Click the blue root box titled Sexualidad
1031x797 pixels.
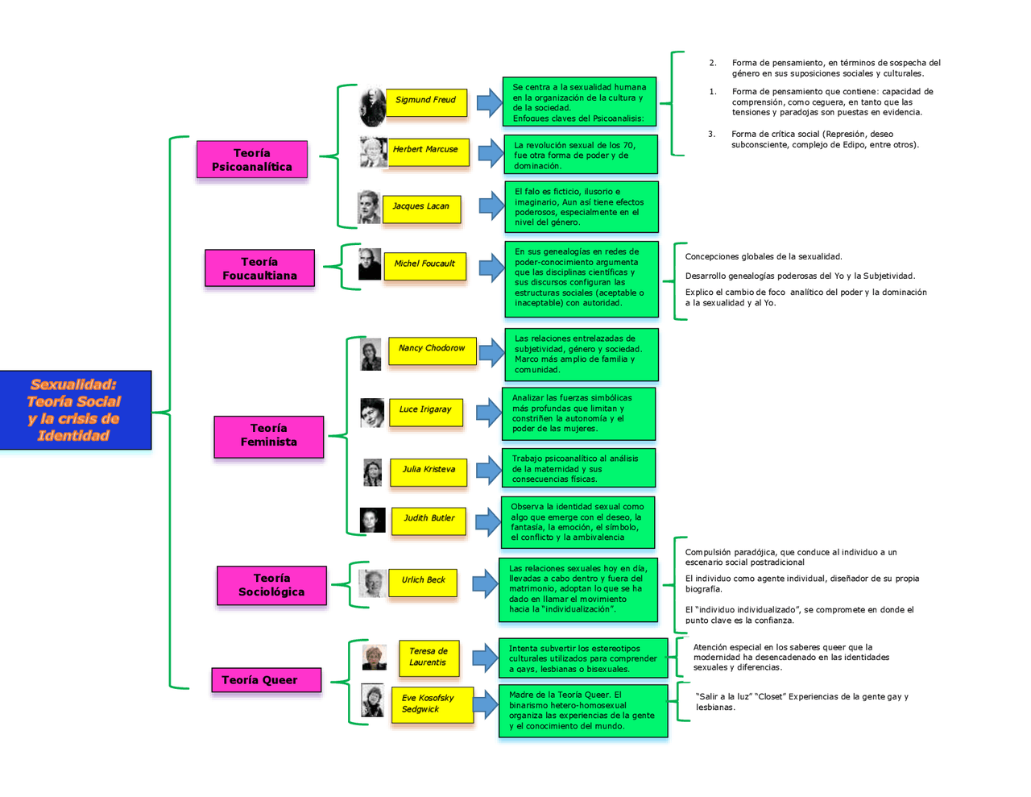click(x=75, y=410)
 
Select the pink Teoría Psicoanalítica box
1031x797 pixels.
click(x=252, y=160)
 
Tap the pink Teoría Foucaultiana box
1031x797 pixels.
click(x=259, y=268)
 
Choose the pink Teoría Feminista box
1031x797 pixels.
click(x=268, y=436)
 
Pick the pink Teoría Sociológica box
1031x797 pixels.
click(x=271, y=585)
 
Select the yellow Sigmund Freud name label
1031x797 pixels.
click(x=426, y=102)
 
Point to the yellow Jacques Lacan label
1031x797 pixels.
click(x=421, y=208)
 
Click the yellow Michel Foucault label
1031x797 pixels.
click(x=424, y=265)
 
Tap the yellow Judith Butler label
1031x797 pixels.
click(x=429, y=520)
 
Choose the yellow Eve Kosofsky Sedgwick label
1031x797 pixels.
click(x=432, y=704)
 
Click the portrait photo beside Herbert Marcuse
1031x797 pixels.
click(x=373, y=152)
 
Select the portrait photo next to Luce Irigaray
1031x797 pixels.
click(x=372, y=413)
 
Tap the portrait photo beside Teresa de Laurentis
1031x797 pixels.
click(x=375, y=658)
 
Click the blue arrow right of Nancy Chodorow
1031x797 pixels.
click(x=491, y=352)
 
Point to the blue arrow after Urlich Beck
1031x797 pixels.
click(x=485, y=583)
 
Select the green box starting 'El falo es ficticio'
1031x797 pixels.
click(x=581, y=207)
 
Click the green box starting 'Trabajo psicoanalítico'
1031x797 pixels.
click(x=578, y=468)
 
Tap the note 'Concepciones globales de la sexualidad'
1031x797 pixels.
click(x=763, y=257)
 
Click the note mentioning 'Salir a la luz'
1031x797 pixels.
click(x=801, y=702)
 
